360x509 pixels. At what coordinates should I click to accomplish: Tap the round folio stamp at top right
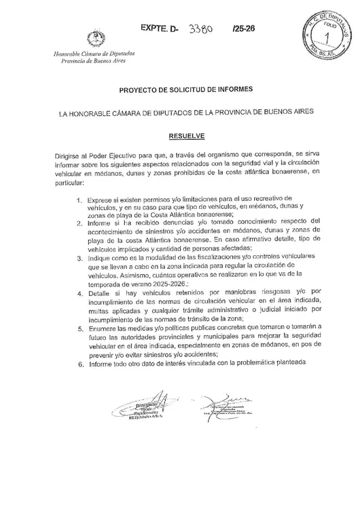tap(323, 32)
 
